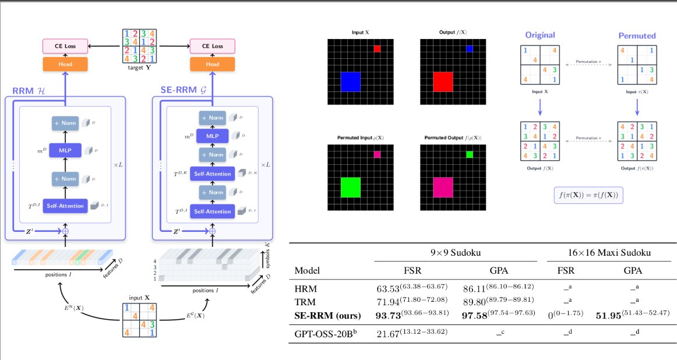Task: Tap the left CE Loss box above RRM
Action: coord(65,45)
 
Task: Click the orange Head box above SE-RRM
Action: coord(212,63)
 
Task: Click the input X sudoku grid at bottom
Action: coord(139,323)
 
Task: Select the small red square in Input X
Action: coord(377,49)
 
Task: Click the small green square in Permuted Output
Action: coord(470,154)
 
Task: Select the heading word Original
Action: coord(540,35)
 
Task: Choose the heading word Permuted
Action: coord(637,36)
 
